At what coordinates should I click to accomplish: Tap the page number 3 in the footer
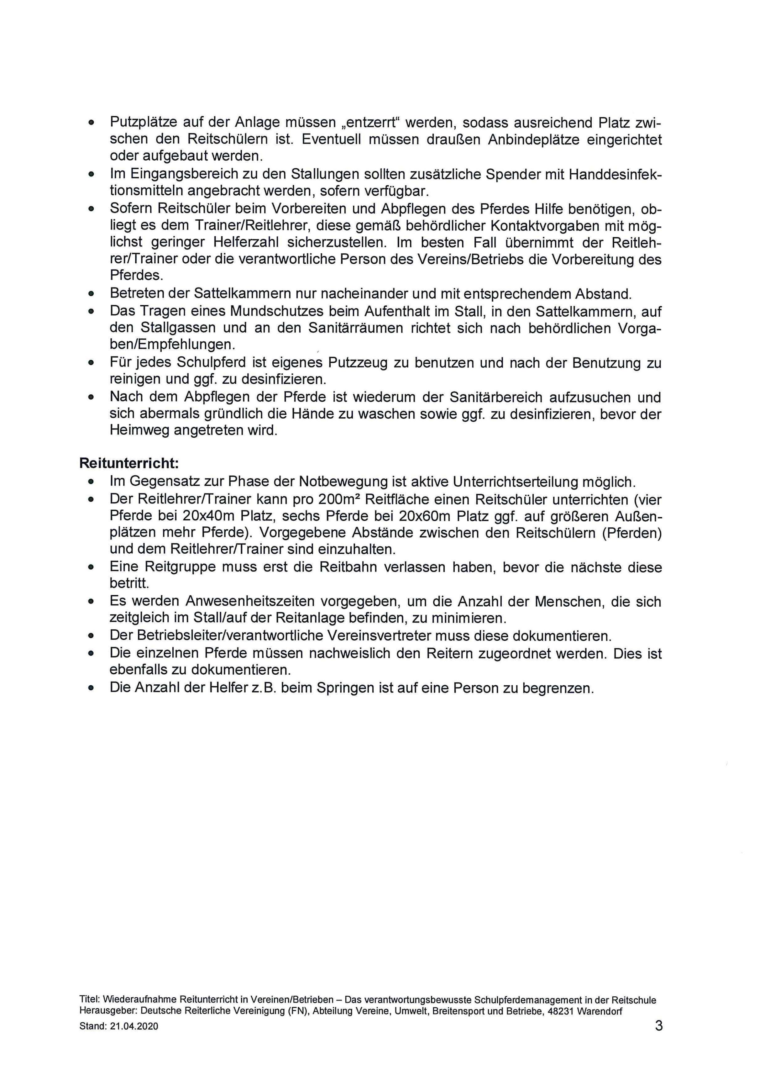click(658, 1039)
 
